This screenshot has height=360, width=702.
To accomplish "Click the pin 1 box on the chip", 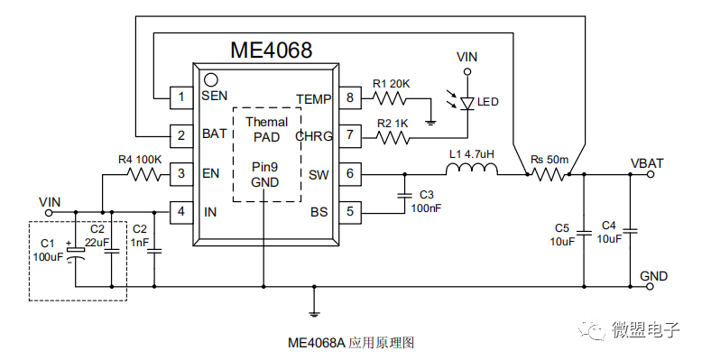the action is click(x=180, y=97).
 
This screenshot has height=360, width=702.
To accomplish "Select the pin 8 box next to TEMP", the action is click(x=350, y=97).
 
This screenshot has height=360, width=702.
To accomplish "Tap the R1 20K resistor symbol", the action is click(x=389, y=98).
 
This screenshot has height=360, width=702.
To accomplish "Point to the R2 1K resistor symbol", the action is click(x=393, y=137).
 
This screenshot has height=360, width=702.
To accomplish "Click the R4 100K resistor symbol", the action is click(x=144, y=174).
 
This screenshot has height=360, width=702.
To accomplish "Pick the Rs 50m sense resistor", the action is click(x=549, y=174).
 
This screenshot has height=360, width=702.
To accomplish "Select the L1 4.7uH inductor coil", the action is click(x=472, y=170).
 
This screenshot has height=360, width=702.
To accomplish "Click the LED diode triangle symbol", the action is click(x=467, y=104).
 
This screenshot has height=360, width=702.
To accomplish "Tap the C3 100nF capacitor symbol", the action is click(x=405, y=195).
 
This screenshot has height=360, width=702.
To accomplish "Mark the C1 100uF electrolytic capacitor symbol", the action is click(x=75, y=253).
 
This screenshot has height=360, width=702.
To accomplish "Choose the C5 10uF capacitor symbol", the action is click(x=584, y=233).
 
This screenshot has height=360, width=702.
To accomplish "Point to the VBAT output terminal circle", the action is click(x=651, y=174).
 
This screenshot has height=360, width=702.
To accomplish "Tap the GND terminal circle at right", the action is click(x=651, y=287).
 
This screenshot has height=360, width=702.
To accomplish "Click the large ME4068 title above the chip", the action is click(x=271, y=51).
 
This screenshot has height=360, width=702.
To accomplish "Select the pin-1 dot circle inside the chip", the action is click(x=210, y=79).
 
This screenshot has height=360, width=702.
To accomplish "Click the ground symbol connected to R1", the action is click(x=430, y=121).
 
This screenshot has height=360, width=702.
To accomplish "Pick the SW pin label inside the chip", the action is click(x=319, y=175).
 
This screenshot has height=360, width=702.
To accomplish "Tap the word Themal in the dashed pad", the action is click(x=267, y=122).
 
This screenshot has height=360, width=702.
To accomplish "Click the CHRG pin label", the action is click(x=314, y=136).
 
